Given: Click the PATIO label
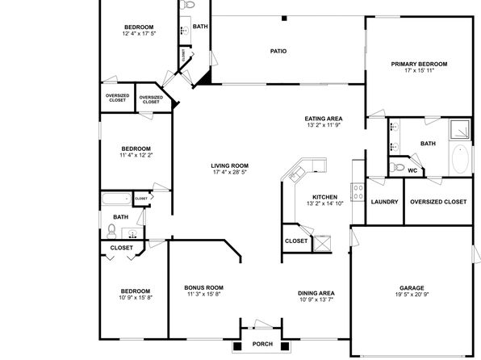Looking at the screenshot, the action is click(x=278, y=51).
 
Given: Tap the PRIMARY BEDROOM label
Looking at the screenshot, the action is click(x=419, y=64).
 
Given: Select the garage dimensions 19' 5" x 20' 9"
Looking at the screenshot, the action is click(x=412, y=295).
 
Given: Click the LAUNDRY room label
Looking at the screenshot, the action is click(x=384, y=202).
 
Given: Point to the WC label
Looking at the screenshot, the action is click(x=412, y=170).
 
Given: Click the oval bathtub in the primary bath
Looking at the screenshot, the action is click(x=460, y=159).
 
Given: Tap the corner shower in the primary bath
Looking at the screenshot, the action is click(x=460, y=129).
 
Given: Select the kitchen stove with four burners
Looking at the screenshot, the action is click(x=358, y=192).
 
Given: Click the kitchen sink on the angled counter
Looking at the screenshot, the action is click(x=297, y=174).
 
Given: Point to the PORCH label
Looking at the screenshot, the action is click(x=262, y=344).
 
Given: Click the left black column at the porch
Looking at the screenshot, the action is click(x=237, y=346).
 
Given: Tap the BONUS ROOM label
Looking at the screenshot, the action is click(x=203, y=287).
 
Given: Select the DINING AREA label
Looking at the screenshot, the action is click(x=316, y=293).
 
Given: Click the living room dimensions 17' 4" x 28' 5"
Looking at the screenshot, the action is click(x=230, y=172).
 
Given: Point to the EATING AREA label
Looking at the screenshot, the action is click(x=324, y=119).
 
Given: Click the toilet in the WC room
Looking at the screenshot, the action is click(x=397, y=168).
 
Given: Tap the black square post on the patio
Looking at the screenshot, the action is click(x=284, y=19).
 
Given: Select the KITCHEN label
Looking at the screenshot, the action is click(x=325, y=197).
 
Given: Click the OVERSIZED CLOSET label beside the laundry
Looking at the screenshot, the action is click(x=438, y=202).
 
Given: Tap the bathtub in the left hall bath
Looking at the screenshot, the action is click(x=116, y=199).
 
